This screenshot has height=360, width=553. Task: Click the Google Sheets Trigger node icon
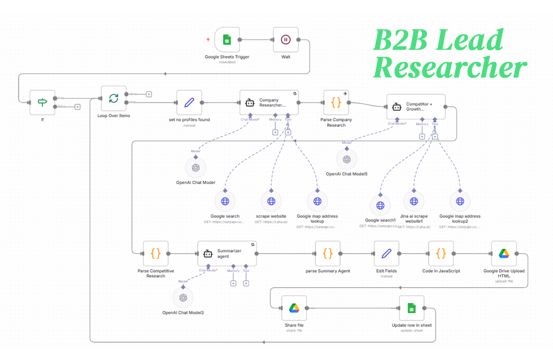pos(227,40)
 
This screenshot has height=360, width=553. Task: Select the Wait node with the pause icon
pos(285,40)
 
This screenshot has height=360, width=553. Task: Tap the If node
pos(42,102)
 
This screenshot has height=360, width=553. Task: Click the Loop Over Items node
pos(114,99)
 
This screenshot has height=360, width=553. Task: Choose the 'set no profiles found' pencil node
pos(189,102)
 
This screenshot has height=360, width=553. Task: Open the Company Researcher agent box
pos(269,102)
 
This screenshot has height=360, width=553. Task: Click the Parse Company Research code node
pos(336,102)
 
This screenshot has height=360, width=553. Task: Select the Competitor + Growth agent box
pos(416,107)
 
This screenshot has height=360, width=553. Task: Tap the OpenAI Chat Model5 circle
pos(346,159)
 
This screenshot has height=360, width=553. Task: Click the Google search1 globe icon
pos(380,205)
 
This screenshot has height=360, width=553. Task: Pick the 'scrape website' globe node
pos(271,201)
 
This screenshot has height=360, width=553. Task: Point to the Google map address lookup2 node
pos(460,201)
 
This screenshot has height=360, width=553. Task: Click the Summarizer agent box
pos(227,253)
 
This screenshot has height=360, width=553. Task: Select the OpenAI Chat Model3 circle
pos(183,297)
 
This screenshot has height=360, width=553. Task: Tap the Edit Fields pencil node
pos(386,253)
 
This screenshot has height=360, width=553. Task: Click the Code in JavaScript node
pos(441,253)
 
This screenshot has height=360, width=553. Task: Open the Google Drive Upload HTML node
pos(504,253)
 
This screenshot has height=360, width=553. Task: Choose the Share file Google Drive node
pos(294,308)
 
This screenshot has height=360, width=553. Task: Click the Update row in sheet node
pos(411,308)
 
